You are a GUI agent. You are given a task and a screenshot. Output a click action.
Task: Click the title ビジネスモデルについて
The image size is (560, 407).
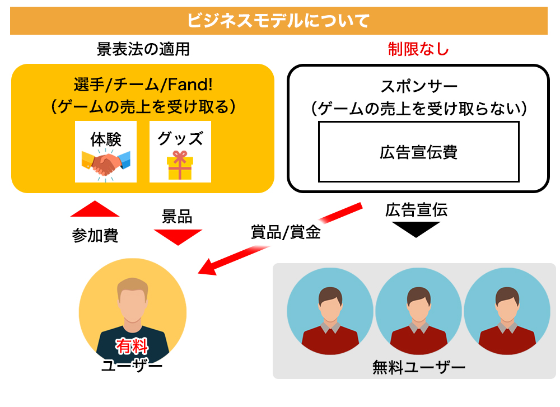tap(278, 21)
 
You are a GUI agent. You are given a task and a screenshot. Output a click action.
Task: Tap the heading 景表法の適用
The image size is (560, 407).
tap(143, 50)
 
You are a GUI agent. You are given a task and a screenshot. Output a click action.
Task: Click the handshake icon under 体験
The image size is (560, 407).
tap(106, 163)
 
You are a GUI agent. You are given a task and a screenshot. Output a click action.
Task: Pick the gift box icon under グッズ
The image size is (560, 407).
tap(180, 165)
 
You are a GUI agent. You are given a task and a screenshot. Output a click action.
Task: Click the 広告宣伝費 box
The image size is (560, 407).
tap(418, 152)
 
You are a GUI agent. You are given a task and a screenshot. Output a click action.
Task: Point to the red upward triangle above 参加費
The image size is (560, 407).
tap(95, 209)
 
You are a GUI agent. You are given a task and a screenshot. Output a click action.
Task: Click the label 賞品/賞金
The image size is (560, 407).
tap(286, 232)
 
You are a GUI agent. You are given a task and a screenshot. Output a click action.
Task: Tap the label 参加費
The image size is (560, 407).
tap(95, 235)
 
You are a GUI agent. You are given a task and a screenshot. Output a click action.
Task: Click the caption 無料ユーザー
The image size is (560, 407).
tap(418, 368)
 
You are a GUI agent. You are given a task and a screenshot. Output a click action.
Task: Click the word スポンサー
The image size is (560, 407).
tap(418, 87)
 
